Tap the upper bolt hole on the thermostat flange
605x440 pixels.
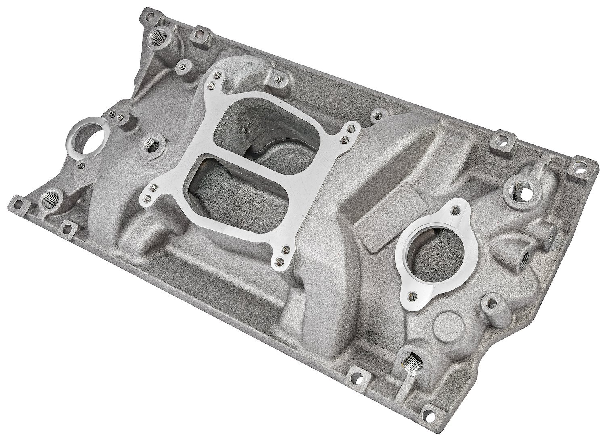click(456, 210)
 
